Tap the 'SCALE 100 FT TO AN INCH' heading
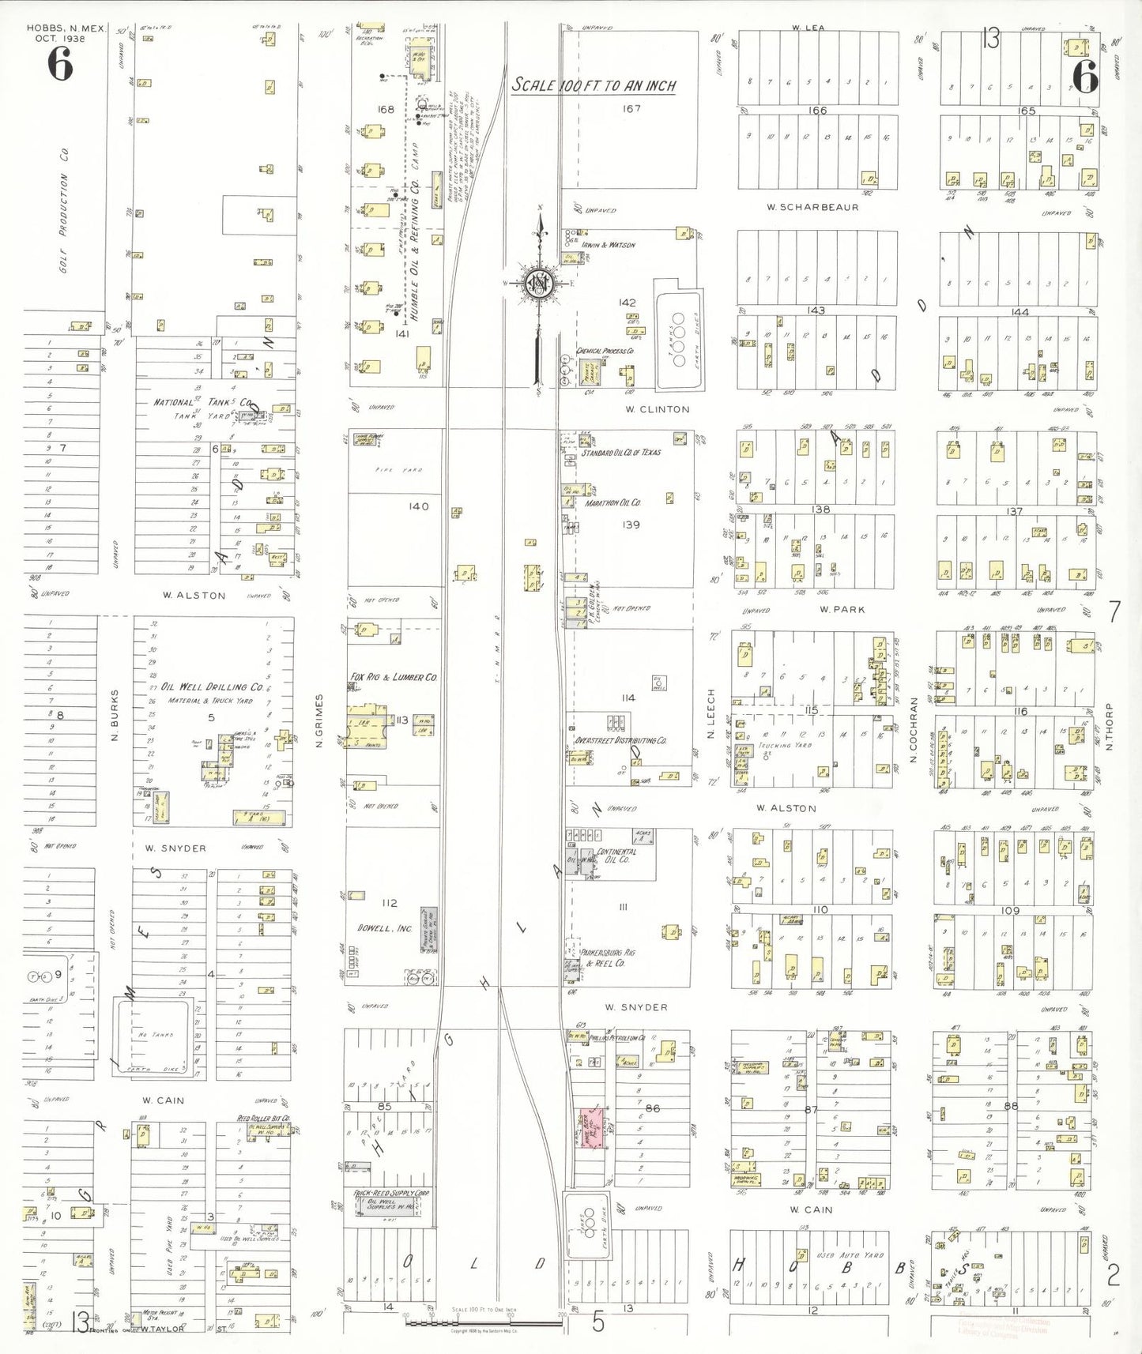click(594, 85)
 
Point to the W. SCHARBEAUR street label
click(812, 207)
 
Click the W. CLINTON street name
click(657, 409)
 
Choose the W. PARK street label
click(842, 609)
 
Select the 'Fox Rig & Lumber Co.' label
click(393, 677)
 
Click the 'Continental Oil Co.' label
click(617, 855)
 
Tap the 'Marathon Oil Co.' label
click(612, 502)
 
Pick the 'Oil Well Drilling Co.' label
click(212, 686)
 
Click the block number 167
click(631, 108)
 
